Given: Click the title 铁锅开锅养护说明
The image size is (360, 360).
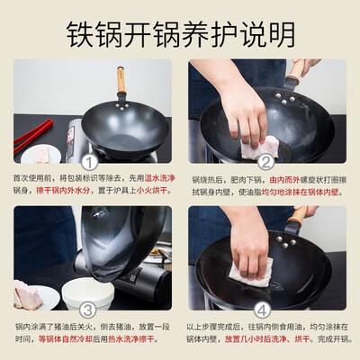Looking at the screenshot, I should pos(180,33).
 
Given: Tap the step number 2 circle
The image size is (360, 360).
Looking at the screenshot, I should pos(264,162).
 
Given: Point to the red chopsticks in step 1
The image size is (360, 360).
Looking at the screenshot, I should pos(31,135).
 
